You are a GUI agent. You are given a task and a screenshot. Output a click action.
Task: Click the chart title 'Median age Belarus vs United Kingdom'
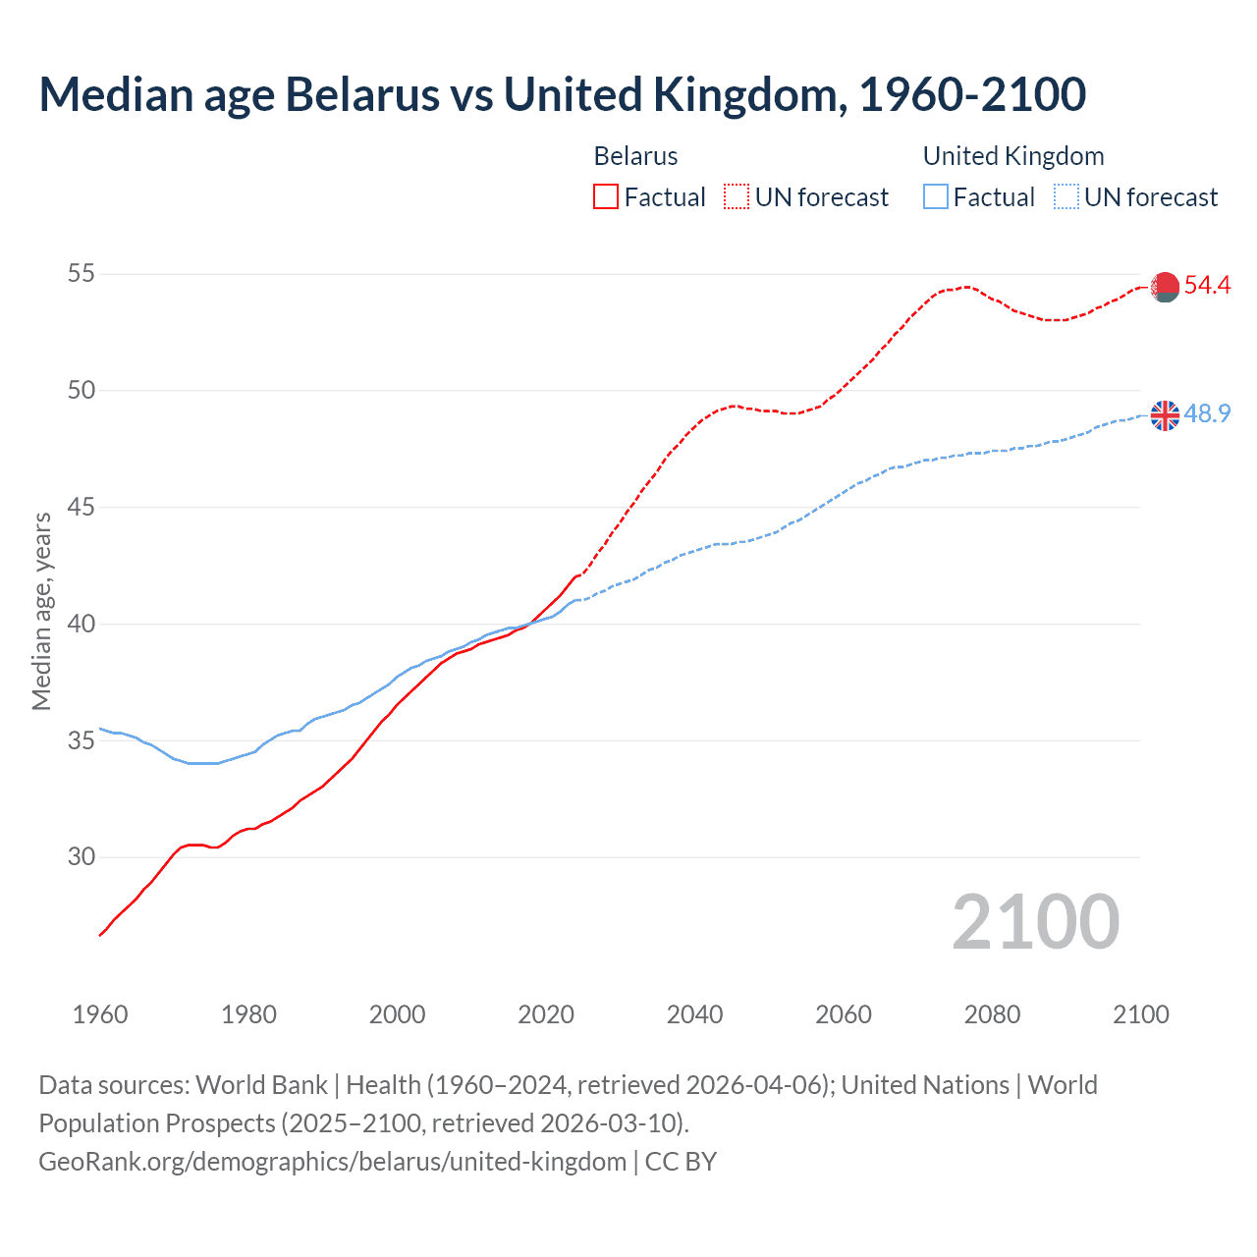pyautogui.click(x=562, y=94)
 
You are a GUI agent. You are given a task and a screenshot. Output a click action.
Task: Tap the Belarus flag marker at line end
pyautogui.click(x=1165, y=287)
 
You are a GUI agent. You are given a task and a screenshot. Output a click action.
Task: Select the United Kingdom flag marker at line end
pyautogui.click(x=1165, y=415)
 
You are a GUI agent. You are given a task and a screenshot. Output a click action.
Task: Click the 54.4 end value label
pyautogui.click(x=1207, y=286)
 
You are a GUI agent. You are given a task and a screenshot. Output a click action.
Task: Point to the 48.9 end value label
pyautogui.click(x=1207, y=413)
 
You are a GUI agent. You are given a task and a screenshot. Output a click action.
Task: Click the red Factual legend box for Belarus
pyautogui.click(x=606, y=197)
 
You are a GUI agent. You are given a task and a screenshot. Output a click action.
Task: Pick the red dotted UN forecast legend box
pyautogui.click(x=737, y=197)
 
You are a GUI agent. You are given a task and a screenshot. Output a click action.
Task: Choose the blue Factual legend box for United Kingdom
pyautogui.click(x=936, y=197)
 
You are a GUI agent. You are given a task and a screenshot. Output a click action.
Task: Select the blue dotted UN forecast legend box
pyautogui.click(x=1066, y=197)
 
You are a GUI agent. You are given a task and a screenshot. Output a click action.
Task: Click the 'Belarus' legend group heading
pyautogui.click(x=635, y=156)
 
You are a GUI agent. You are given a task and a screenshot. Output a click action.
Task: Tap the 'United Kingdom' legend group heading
pyautogui.click(x=1013, y=156)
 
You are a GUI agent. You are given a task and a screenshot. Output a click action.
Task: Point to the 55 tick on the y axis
pyautogui.click(x=82, y=274)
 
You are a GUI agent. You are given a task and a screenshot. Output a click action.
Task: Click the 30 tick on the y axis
pyautogui.click(x=82, y=857)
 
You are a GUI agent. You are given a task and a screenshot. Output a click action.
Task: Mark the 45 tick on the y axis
pyautogui.click(x=82, y=508)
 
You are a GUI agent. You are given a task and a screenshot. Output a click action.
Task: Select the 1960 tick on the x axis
pyautogui.click(x=100, y=1014)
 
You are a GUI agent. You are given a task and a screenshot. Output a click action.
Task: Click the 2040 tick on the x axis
pyautogui.click(x=694, y=1014)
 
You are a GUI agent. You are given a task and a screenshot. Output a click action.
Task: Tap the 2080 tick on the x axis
pyautogui.click(x=992, y=1014)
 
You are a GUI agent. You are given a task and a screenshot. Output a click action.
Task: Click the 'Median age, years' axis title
pyautogui.click(x=41, y=611)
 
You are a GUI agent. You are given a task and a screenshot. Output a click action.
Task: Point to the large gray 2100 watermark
pyautogui.click(x=1035, y=922)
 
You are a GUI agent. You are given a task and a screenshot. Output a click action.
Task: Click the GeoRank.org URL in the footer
pyautogui.click(x=332, y=1162)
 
